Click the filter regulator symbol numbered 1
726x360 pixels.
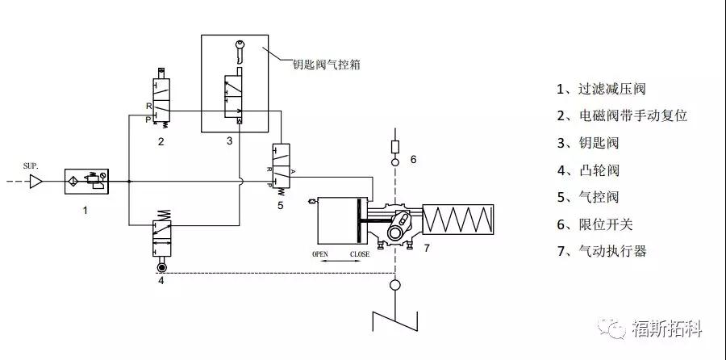point(86,183)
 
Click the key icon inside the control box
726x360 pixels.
point(239,49)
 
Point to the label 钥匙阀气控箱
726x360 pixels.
point(327,62)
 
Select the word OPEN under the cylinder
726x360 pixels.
point(322,255)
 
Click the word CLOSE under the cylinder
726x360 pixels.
point(359,255)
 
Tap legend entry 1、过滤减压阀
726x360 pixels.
point(601,89)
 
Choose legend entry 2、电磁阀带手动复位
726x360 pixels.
point(621,115)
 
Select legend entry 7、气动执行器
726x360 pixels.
point(601,251)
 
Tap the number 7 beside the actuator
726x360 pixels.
point(427,248)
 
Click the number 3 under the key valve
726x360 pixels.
point(229,141)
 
